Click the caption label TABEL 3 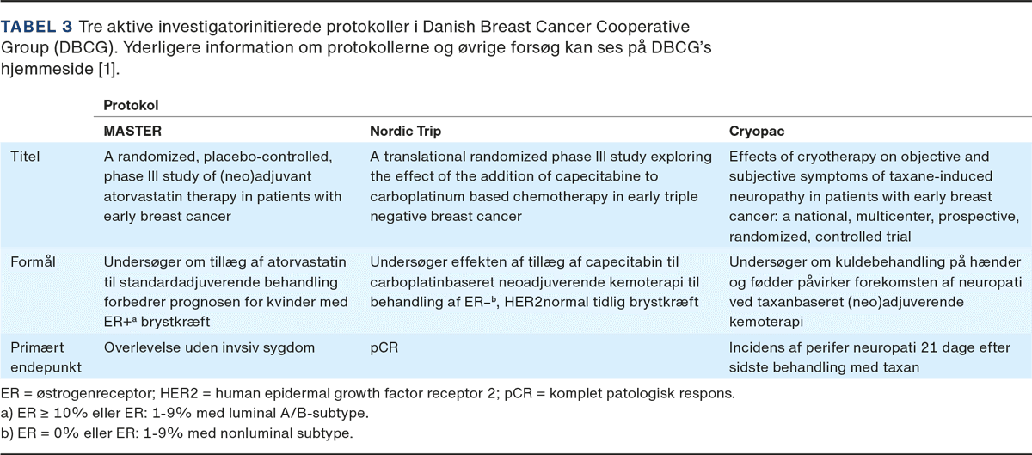36,27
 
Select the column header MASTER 132,131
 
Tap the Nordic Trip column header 405,131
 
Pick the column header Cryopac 757,132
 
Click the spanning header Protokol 131,105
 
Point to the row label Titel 25,157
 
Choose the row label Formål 33,261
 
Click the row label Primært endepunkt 46,357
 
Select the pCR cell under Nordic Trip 384,347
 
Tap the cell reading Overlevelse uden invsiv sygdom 209,347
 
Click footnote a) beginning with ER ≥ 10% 184,413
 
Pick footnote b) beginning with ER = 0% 176,433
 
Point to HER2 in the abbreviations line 179,393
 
